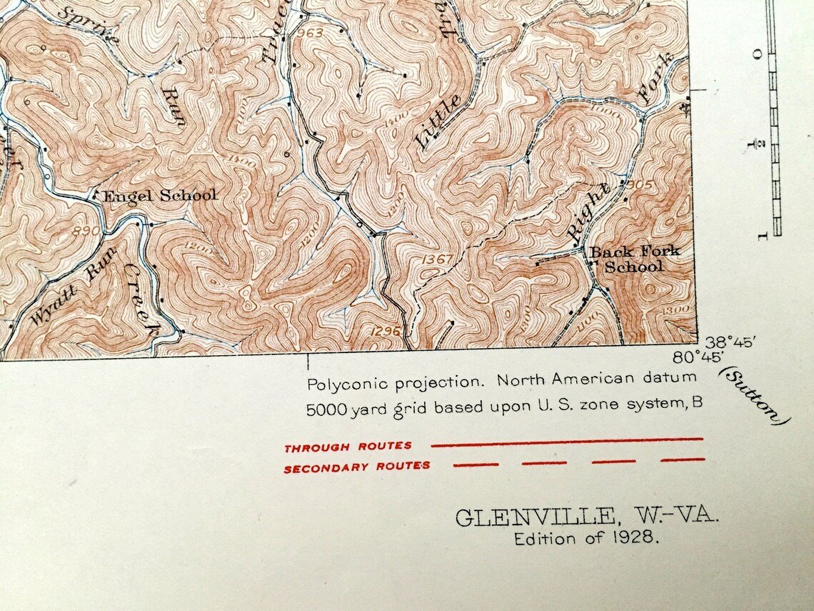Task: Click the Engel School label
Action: (159, 195)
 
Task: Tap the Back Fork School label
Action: (633, 259)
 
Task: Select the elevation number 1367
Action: (437, 259)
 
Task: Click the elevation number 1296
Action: (388, 330)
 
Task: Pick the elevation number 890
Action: (84, 232)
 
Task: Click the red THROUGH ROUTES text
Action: (348, 447)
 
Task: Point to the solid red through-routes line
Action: (567, 442)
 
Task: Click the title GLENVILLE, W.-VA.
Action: (587, 516)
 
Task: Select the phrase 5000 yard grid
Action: (352, 410)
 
